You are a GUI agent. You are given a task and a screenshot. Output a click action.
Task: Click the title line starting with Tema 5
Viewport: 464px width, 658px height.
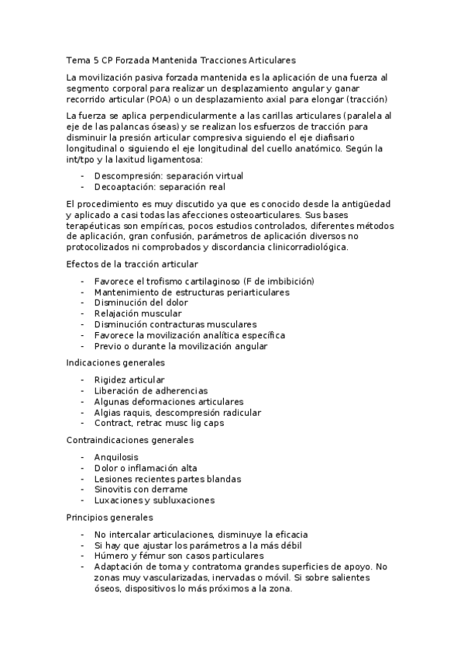(181, 60)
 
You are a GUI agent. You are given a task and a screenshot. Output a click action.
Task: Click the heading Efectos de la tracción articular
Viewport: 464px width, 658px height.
(132, 265)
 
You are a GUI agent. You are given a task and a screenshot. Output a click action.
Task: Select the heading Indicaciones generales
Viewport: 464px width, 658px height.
(115, 362)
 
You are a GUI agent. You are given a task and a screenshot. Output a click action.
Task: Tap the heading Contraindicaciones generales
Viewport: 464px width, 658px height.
(129, 440)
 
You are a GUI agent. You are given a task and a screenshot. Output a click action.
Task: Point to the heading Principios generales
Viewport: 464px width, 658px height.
(110, 517)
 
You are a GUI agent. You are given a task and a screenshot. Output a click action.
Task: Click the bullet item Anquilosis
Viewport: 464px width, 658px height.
(118, 457)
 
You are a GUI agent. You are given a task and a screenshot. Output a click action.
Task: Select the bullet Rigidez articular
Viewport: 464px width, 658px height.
(129, 379)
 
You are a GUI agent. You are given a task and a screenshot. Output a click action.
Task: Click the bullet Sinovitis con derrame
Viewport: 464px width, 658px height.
(141, 490)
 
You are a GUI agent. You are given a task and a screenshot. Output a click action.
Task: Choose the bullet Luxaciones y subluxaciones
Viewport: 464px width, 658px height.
(154, 500)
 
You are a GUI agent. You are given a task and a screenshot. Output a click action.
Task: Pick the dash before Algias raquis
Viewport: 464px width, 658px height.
(82, 412)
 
